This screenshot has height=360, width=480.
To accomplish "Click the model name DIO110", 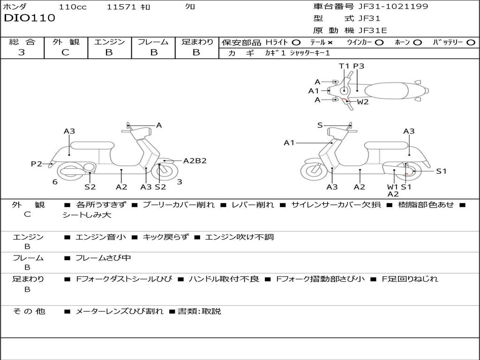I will [30, 18].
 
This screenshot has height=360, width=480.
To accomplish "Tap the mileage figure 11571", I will [121, 7].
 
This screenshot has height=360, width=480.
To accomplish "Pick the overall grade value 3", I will [22, 52].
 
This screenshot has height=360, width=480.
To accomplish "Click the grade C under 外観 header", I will [65, 52].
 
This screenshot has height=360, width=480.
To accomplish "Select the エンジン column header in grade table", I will [109, 42].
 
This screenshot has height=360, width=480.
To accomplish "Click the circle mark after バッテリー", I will [471, 42].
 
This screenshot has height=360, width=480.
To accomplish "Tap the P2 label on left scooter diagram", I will [37, 164].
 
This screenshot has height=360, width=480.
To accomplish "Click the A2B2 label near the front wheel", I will [195, 161].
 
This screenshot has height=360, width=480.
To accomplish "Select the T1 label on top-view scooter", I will [345, 66].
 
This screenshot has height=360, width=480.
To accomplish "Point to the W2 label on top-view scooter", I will [363, 102].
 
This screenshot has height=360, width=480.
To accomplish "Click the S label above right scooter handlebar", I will [320, 125].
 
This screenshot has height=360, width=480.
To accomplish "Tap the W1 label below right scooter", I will [392, 187].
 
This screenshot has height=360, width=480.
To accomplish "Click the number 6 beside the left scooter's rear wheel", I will [55, 182].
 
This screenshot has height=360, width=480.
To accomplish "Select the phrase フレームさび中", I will [103, 258].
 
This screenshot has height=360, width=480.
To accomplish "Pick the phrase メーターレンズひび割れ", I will [120, 311].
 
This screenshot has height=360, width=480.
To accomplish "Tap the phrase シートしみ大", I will [87, 215].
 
